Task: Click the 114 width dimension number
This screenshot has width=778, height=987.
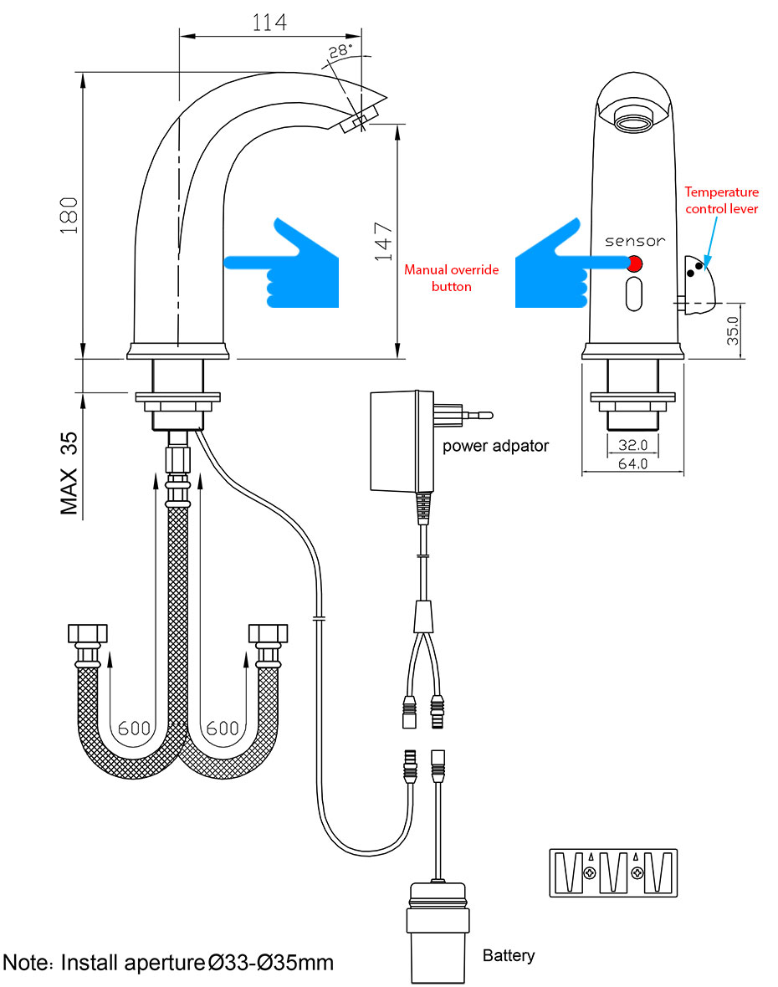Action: click(x=269, y=22)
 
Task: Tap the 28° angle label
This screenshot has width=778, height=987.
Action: click(x=339, y=51)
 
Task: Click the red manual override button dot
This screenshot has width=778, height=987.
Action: click(x=634, y=264)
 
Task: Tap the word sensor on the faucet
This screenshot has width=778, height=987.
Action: click(x=635, y=241)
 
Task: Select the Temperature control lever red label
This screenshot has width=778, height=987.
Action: click(x=721, y=200)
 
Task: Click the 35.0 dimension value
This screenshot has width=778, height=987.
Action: click(x=732, y=331)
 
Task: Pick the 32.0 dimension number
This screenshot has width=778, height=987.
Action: click(x=632, y=445)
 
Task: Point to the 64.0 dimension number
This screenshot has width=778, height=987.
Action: click(x=632, y=464)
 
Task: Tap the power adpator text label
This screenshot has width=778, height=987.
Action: click(x=495, y=446)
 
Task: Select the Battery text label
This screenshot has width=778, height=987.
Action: click(x=509, y=955)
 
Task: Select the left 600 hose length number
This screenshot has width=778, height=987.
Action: click(x=134, y=728)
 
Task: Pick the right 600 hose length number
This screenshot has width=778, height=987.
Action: click(x=223, y=728)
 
